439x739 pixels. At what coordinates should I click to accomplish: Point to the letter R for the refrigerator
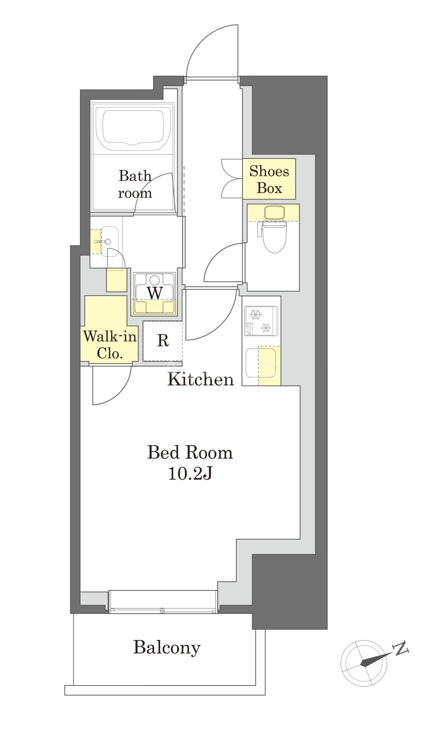coord(163,340)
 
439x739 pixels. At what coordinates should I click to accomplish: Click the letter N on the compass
coord(401,648)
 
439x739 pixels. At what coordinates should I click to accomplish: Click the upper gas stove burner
coord(255,314)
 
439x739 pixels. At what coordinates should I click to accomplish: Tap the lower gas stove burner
coord(266,327)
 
